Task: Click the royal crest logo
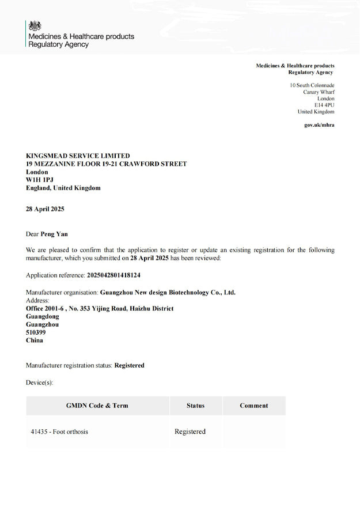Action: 35,25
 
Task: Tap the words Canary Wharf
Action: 319,92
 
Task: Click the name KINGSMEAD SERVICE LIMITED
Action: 78,156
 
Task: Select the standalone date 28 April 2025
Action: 45,209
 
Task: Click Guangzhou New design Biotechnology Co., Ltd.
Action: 168,292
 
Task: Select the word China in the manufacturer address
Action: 35,340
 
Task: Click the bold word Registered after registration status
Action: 129,365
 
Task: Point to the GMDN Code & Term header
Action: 97,406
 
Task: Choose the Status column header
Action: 195,406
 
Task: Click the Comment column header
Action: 254,406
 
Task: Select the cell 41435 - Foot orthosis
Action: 59,432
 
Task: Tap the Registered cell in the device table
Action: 190,432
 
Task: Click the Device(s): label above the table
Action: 39,383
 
